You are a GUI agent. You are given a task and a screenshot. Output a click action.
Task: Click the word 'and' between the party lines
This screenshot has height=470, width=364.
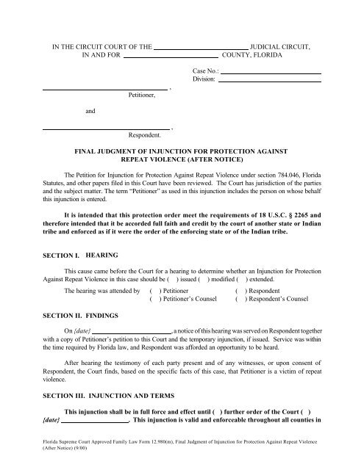(90, 111)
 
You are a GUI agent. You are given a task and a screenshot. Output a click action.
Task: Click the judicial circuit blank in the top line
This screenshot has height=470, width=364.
(200, 45)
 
